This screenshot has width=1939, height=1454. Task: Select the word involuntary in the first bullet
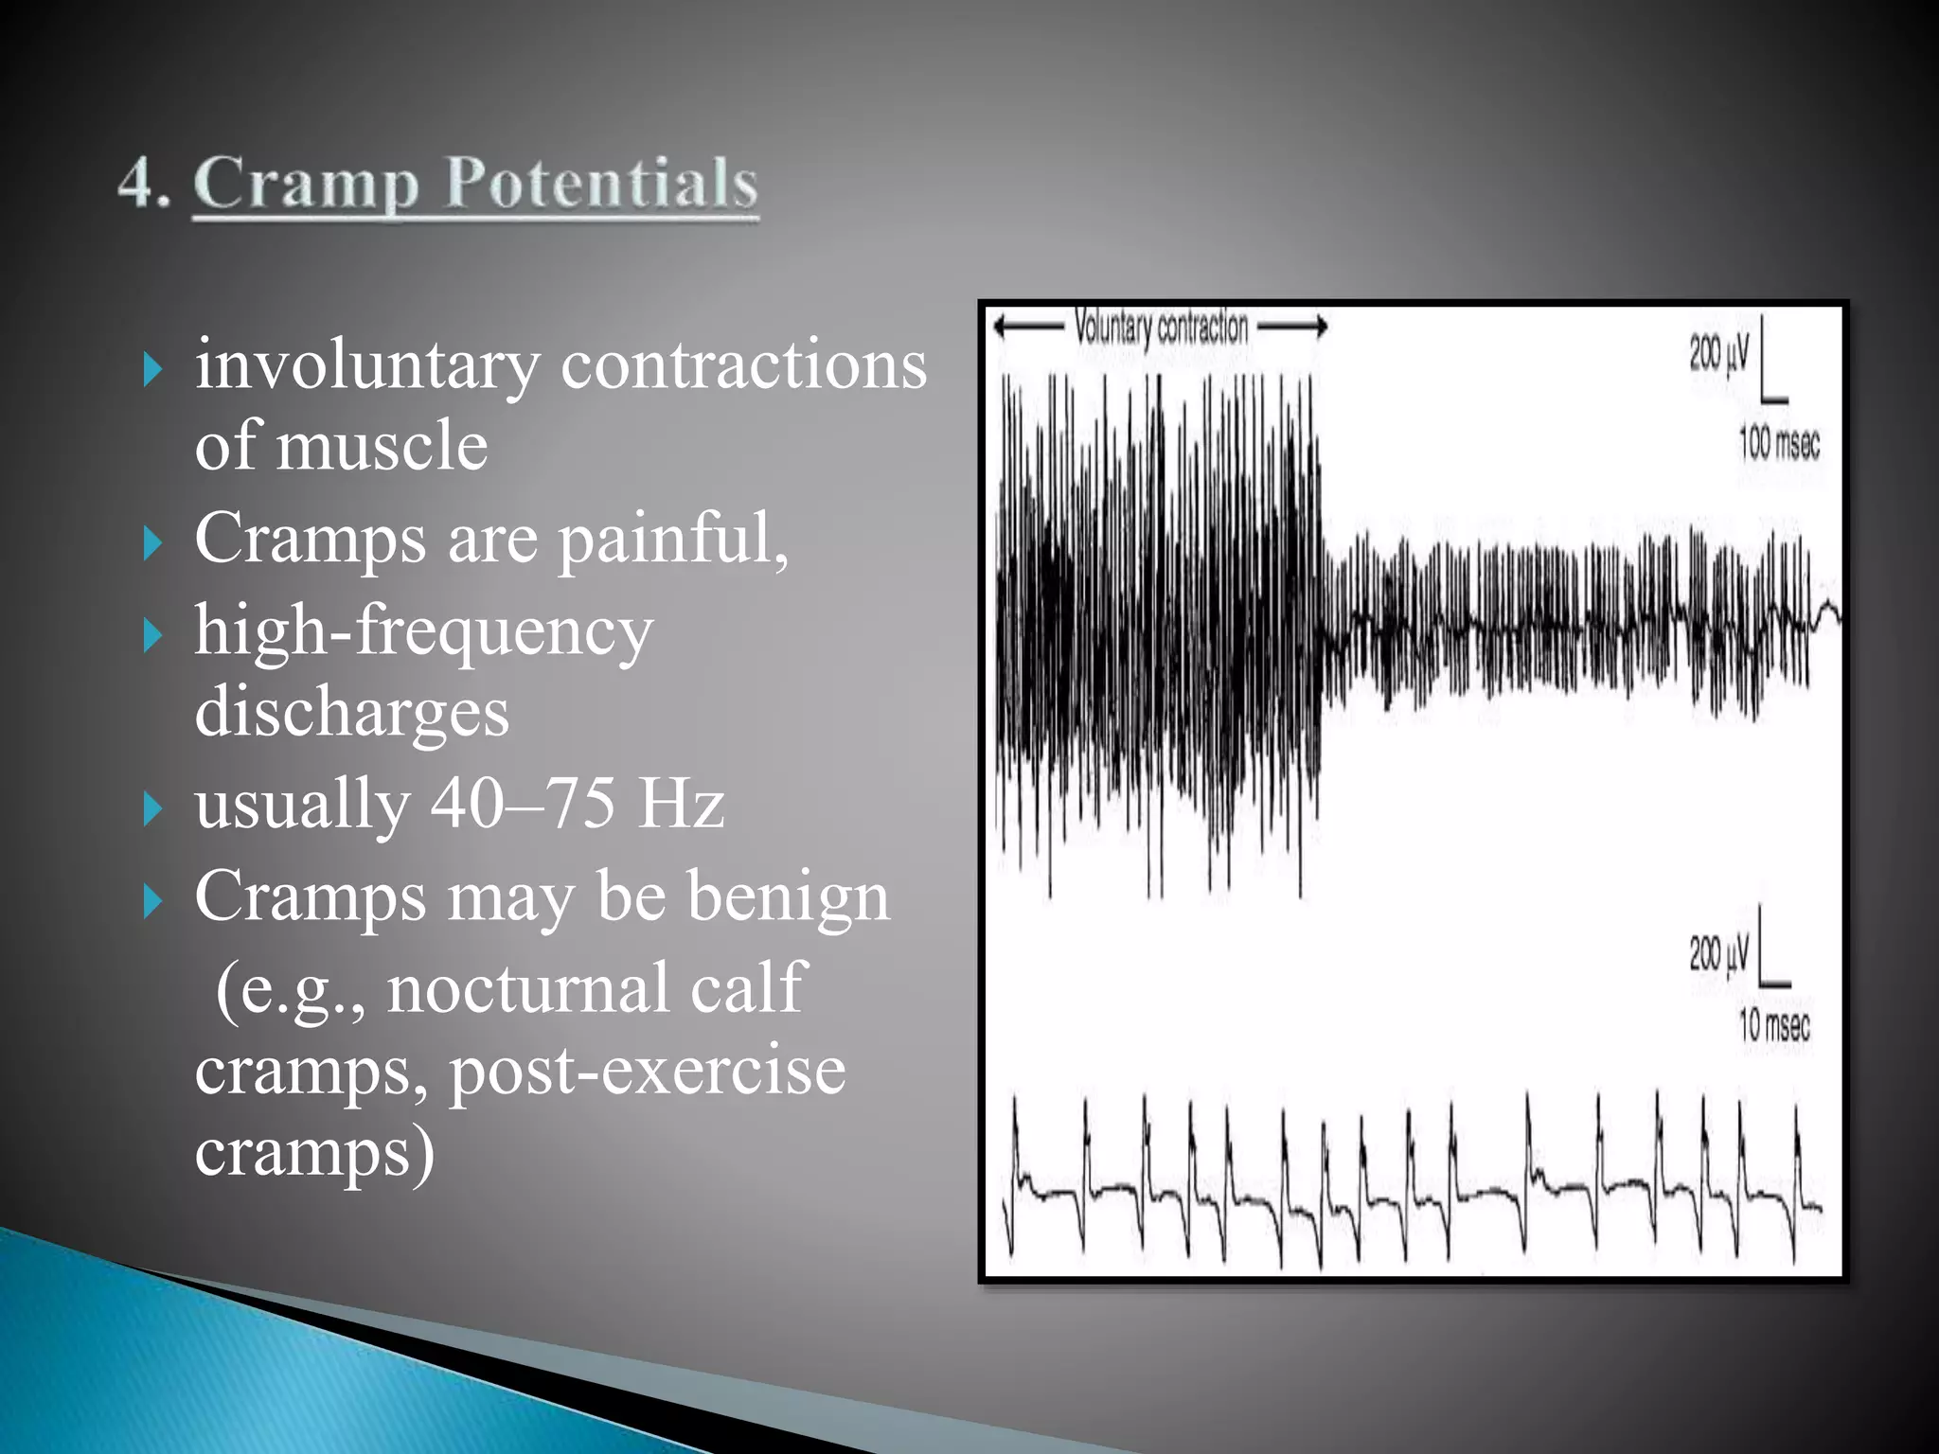(366, 366)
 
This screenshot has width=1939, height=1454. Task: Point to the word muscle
(382, 446)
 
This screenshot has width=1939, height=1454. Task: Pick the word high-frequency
(423, 631)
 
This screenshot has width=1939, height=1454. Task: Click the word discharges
(351, 712)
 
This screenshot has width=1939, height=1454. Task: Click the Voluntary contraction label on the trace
(1161, 328)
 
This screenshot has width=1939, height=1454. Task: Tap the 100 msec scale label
(1779, 444)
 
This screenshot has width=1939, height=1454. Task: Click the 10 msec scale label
(1773, 1025)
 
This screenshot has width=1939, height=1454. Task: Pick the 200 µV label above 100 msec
(1719, 354)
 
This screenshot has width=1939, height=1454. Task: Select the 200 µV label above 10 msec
(1719, 954)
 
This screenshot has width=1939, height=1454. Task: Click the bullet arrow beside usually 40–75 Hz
(153, 809)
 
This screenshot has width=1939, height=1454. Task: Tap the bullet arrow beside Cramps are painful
(153, 544)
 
